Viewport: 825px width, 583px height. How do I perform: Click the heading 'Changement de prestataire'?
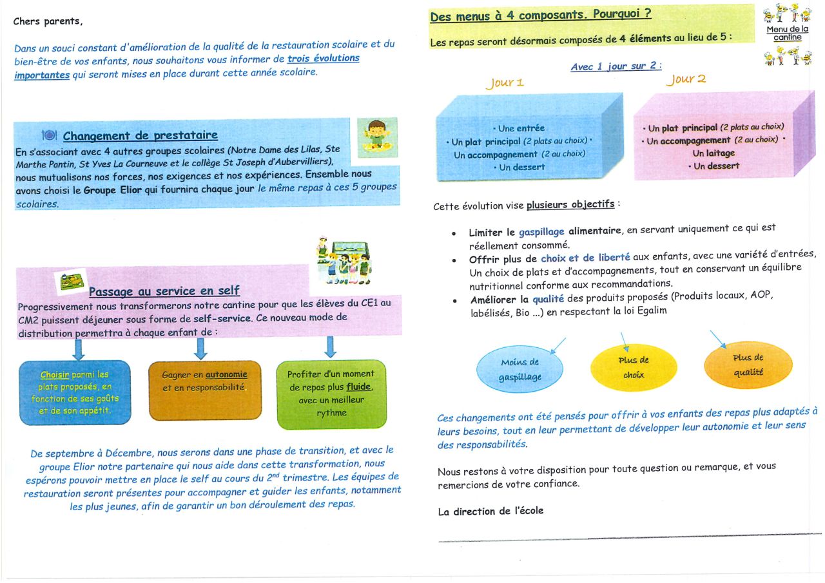coord(140,135)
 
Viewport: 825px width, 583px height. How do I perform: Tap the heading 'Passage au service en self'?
coord(164,291)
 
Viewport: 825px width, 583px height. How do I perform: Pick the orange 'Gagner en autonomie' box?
coord(205,389)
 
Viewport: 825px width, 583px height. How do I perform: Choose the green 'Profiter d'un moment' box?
coord(331,394)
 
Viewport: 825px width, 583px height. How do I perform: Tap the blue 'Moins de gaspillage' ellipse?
coord(519,370)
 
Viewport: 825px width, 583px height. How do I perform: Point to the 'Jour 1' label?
coord(505,82)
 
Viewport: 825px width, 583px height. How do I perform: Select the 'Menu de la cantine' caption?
coord(787,33)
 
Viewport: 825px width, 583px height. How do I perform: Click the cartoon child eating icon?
coord(376,137)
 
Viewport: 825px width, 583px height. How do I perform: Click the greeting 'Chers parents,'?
coord(48,21)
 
